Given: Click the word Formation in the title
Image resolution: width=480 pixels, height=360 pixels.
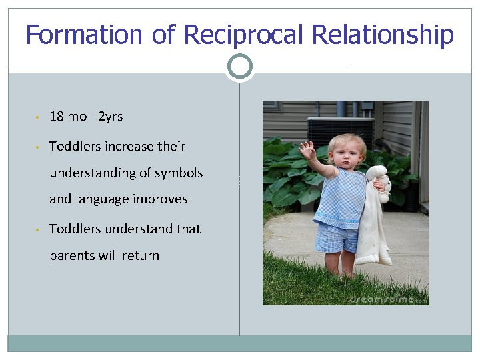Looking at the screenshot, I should click(83, 35).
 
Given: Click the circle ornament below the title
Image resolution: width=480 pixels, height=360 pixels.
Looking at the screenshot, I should click(240, 67).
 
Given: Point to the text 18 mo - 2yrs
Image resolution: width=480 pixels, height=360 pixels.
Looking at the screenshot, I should click(86, 117).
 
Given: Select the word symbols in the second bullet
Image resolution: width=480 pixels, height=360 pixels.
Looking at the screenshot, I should click(179, 173).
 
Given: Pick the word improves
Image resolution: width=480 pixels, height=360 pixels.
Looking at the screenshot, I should click(160, 199).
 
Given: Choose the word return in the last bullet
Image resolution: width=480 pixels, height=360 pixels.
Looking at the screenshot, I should click(139, 255).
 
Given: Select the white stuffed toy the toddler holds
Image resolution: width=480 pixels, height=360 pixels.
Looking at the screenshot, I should click(374, 220).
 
